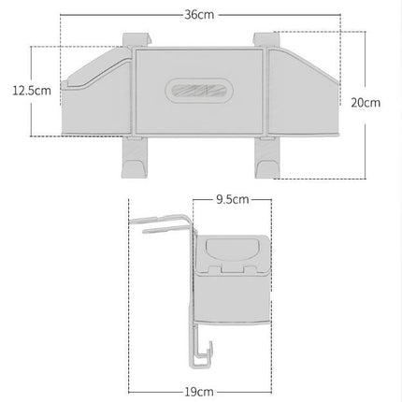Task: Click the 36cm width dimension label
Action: point(199,15)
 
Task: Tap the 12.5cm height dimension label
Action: point(32,91)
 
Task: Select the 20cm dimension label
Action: point(366,103)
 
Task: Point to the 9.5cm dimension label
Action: point(233,199)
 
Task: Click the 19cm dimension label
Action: point(199,392)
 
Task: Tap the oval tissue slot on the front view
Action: point(199,91)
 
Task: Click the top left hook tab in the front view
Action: point(136,40)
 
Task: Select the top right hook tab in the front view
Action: point(266,40)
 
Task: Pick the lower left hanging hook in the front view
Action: point(135,158)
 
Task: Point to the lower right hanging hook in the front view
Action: point(267,158)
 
